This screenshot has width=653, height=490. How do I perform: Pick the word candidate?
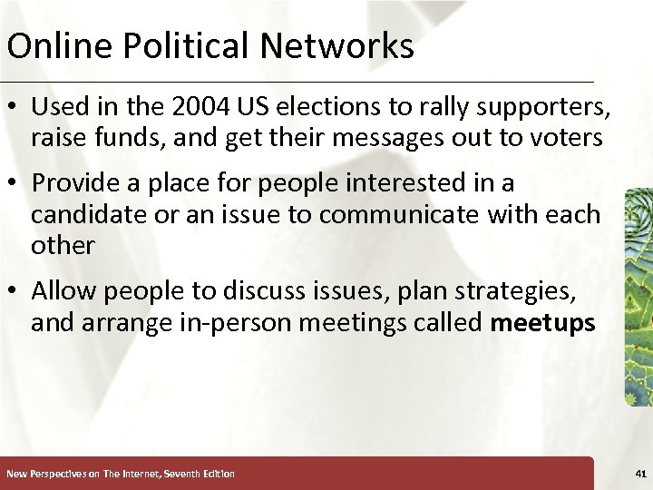tap(90, 215)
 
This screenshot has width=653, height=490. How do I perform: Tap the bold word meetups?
tap(542, 323)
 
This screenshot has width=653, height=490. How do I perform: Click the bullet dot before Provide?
tap(15, 184)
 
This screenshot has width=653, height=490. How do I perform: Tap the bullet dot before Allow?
tap(15, 292)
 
